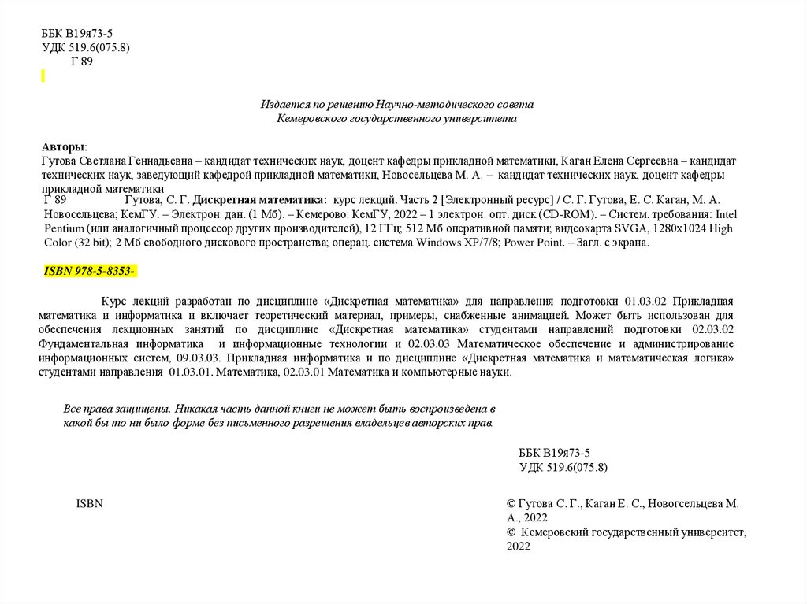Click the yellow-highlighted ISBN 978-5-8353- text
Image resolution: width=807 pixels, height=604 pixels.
(90, 272)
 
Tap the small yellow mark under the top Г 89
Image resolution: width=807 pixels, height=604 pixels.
(43, 76)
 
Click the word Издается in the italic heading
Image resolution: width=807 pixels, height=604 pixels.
(282, 104)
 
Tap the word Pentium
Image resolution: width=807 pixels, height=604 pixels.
(64, 228)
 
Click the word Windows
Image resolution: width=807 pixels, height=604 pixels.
(441, 243)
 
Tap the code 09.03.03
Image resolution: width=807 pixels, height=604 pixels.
(192, 358)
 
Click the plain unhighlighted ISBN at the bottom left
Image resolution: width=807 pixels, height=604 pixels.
(89, 503)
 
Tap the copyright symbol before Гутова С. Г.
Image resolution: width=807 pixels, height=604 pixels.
(511, 503)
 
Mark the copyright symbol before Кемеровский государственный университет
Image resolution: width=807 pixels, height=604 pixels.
(511, 532)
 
